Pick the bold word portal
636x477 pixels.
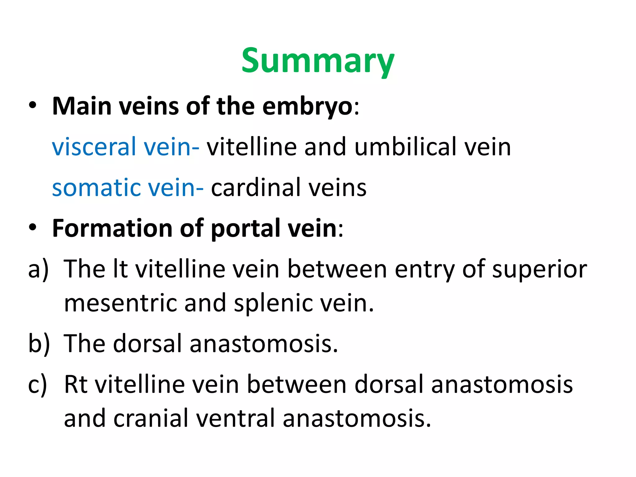coord(245,229)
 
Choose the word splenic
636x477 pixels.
coord(273,303)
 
